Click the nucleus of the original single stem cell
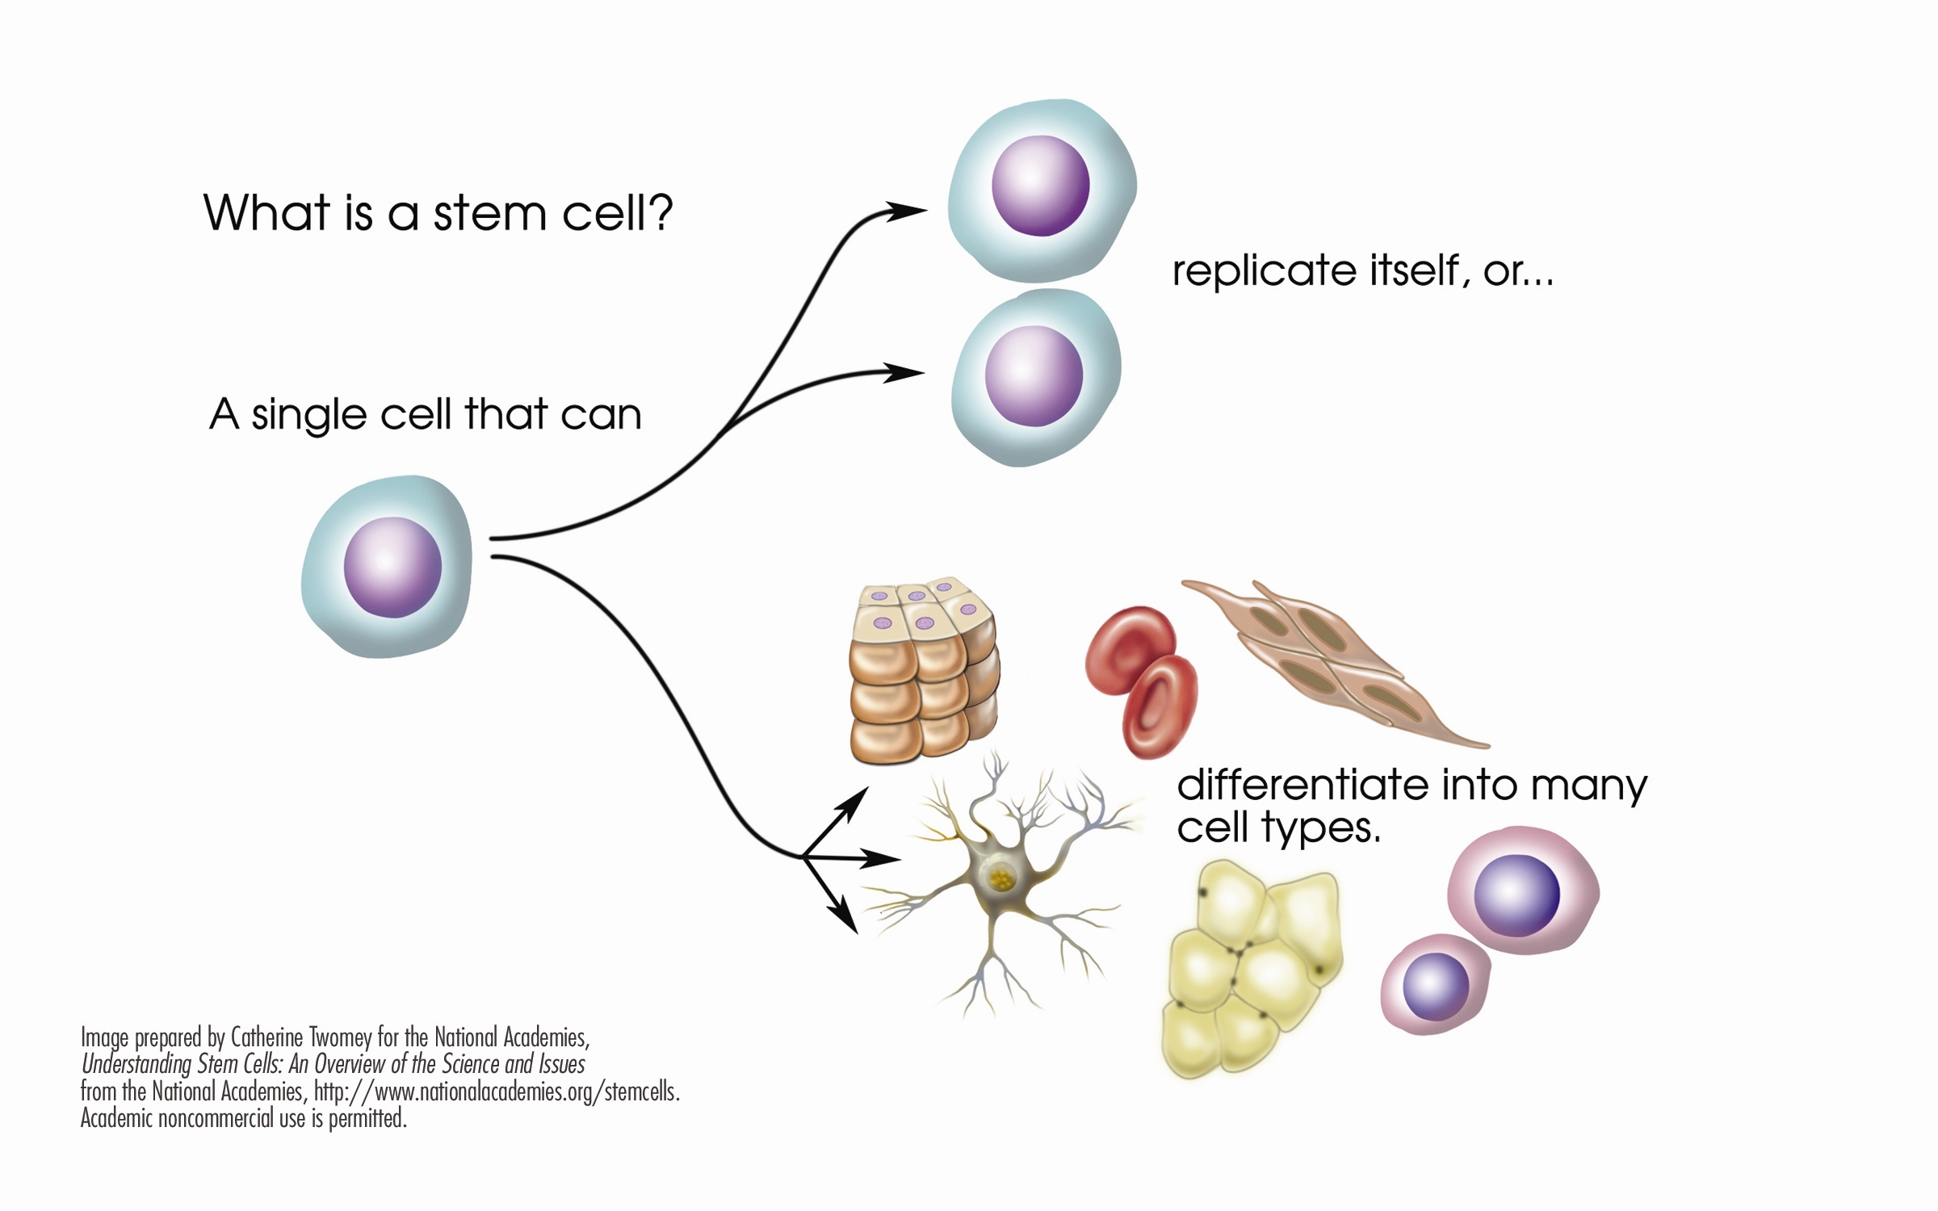click(x=392, y=568)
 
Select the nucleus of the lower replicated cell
click(x=1034, y=376)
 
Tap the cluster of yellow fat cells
click(x=1248, y=969)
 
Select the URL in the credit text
click(x=496, y=1092)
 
